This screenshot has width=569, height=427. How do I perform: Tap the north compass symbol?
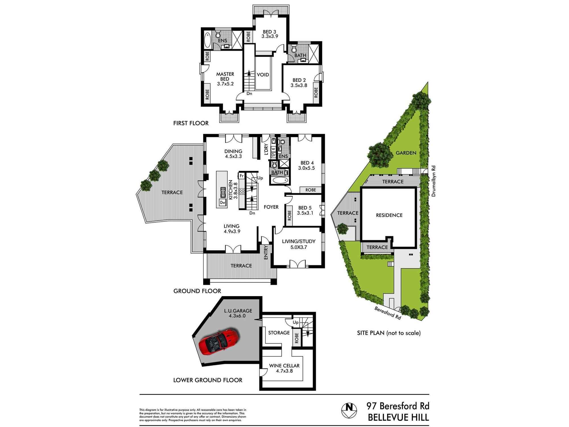point(349,410)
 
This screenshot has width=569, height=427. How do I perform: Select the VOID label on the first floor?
point(263,75)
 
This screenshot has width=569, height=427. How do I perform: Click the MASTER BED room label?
point(225,77)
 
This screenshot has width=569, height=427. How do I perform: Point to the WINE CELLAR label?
point(284,366)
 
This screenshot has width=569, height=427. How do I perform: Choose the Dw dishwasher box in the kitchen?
point(222,202)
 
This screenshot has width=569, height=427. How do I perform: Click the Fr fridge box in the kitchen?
point(242,176)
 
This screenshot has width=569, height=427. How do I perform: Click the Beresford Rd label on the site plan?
point(388,313)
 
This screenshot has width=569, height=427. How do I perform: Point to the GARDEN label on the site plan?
point(406,153)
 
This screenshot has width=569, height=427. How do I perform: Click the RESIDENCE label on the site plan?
point(389,215)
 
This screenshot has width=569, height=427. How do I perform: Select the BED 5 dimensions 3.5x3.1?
point(305,213)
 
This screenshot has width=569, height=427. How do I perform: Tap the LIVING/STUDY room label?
point(299,241)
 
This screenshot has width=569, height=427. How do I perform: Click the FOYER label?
point(271,207)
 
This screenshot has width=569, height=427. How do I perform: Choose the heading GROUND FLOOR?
point(197,291)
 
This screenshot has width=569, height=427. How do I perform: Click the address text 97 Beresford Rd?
point(398,406)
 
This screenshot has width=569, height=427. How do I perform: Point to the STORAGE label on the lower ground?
point(279,332)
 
